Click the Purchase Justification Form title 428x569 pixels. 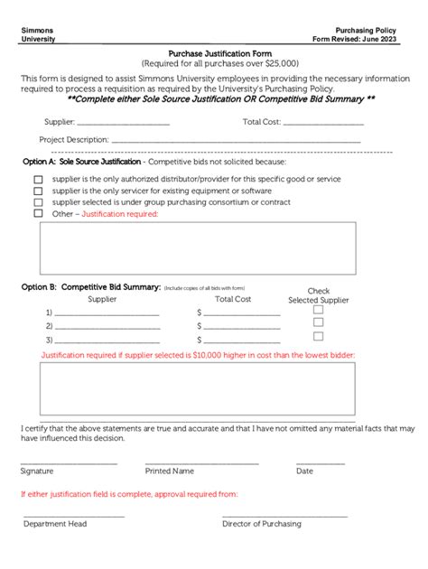point(214,54)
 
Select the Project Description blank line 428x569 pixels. point(236,142)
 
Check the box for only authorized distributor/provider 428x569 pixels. point(38,179)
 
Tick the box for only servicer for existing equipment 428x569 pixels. point(38,191)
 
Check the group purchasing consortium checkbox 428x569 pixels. point(38,202)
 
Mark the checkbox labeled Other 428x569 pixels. point(38,214)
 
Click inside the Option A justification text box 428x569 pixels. point(197,247)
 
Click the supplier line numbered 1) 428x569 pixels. point(107,314)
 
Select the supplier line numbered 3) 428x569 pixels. point(107,341)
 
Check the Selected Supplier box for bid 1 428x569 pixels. point(318,309)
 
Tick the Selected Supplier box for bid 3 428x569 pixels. point(318,336)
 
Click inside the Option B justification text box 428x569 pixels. point(197,388)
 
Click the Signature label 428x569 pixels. point(37,471)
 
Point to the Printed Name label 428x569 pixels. point(170,471)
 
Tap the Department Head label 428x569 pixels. point(55,523)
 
